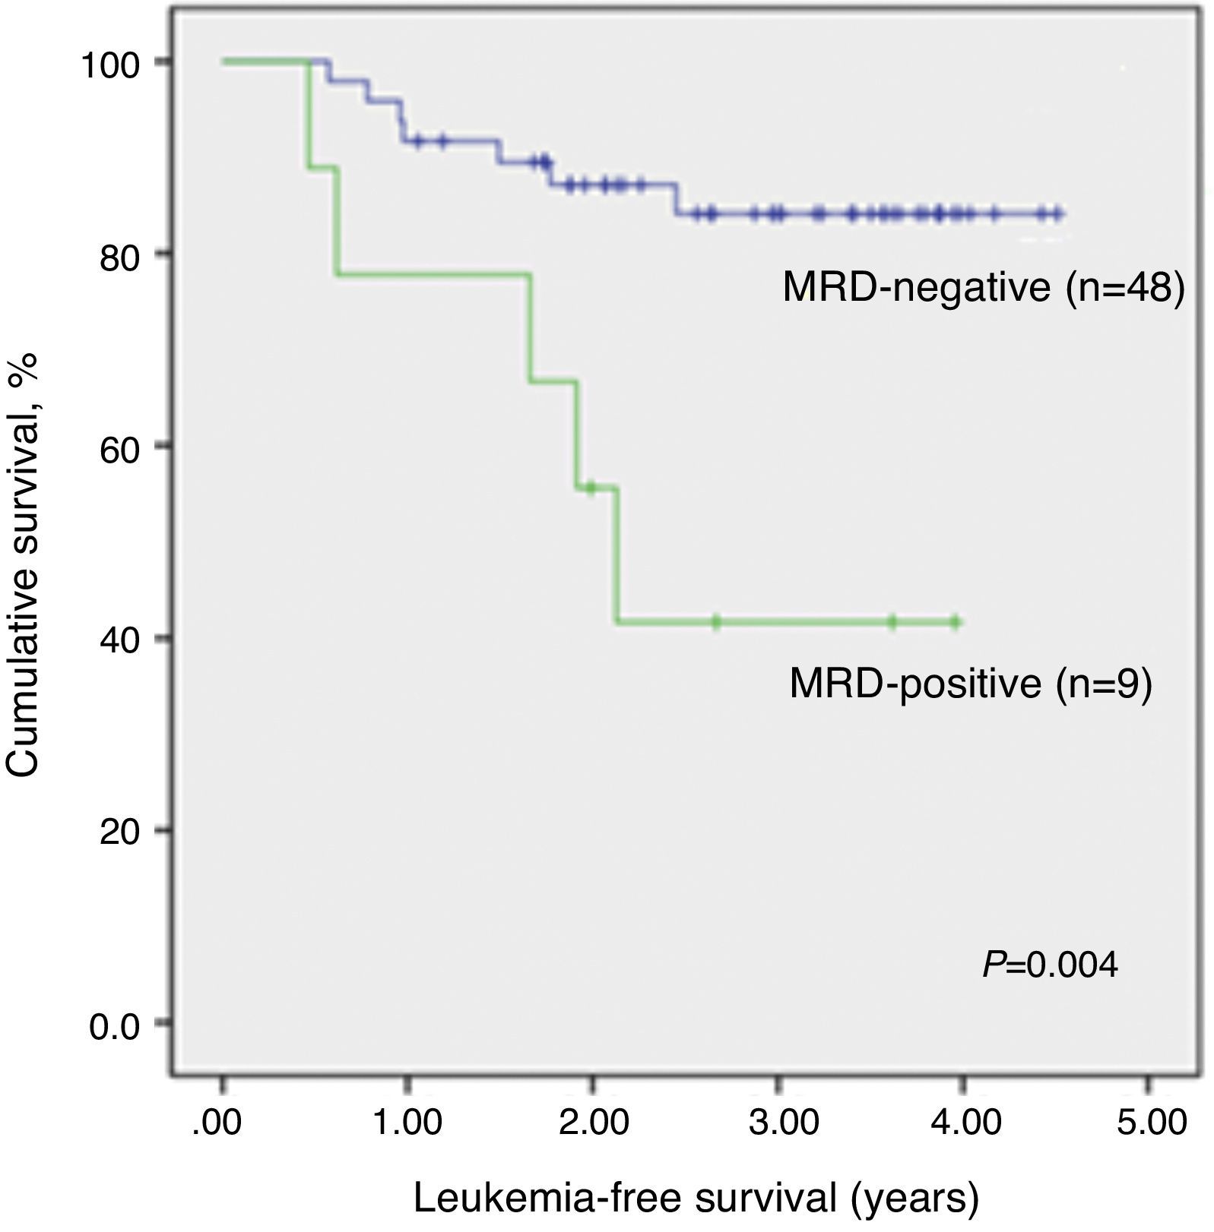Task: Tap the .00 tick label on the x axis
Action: [x=217, y=1123]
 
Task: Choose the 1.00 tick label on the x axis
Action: [x=407, y=1123]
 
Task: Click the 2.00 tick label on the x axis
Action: [x=593, y=1123]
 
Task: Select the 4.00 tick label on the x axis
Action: [x=965, y=1123]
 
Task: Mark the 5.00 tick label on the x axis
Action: [x=1151, y=1123]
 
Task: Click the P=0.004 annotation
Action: [x=1050, y=965]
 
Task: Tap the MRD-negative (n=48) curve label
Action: [x=984, y=289]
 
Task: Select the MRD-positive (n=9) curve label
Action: [x=971, y=683]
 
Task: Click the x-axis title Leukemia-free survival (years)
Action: [x=696, y=1198]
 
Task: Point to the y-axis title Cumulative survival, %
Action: [x=23, y=566]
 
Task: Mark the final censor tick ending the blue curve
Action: [x=1057, y=214]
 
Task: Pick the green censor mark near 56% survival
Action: [x=590, y=488]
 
